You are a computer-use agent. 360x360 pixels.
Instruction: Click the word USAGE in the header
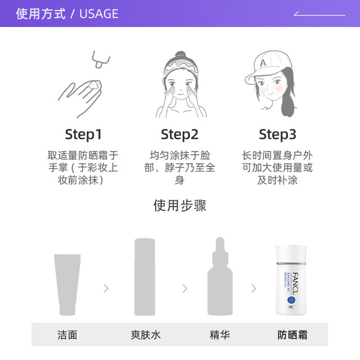100,13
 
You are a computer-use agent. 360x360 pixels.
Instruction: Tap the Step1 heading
83,134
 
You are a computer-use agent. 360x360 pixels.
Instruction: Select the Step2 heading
179,134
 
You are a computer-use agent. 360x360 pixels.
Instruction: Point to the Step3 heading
277,134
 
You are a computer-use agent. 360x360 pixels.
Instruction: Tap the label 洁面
67,335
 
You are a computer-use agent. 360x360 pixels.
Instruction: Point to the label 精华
219,335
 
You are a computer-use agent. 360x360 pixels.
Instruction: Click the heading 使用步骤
179,205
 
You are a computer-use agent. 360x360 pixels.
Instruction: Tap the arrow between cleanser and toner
106,289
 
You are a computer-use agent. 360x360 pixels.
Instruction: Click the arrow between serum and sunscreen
254,289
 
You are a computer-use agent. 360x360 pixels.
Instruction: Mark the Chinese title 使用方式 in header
40,13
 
